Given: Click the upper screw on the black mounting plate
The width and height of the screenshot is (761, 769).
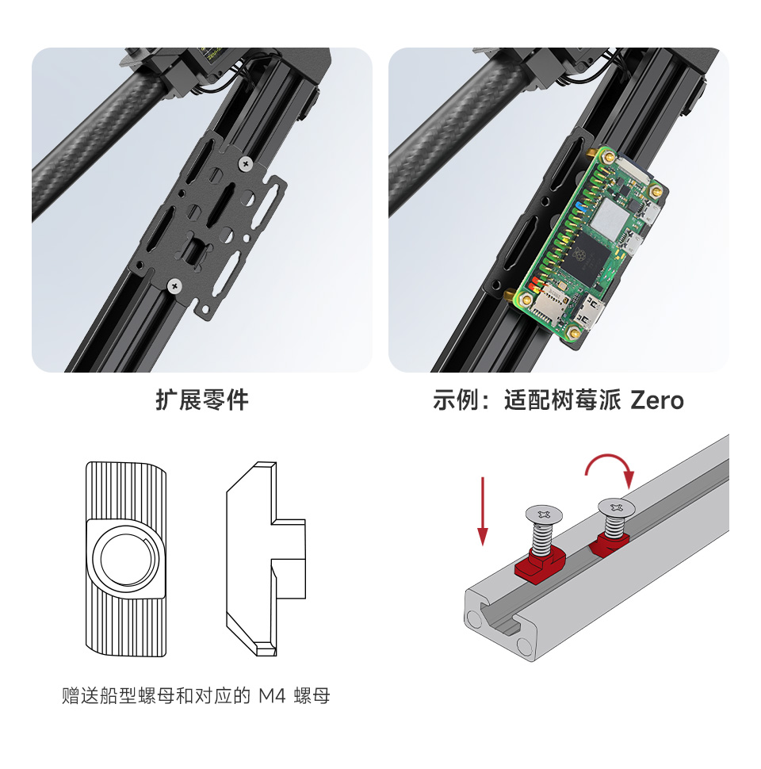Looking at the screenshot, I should coord(246,163).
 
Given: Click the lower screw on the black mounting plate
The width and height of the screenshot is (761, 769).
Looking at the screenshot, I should coord(174,285).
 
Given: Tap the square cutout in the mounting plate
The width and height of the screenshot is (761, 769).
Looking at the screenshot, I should coord(193,251).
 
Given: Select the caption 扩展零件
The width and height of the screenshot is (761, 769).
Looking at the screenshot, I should coord(202,400).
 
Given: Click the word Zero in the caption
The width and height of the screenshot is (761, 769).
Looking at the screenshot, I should coord(656,400).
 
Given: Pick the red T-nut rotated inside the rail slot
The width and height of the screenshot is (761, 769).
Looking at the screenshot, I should coord(610,542).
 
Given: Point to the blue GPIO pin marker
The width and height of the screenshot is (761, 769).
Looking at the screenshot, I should coord(582,208).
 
